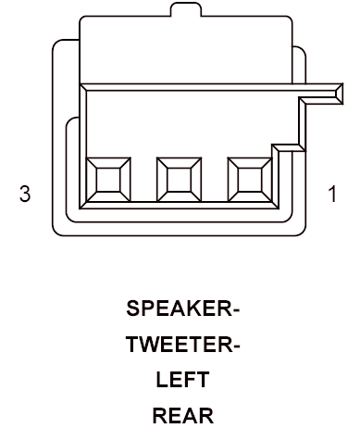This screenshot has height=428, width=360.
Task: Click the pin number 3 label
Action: (25, 194)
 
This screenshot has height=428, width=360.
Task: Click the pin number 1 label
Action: (332, 194)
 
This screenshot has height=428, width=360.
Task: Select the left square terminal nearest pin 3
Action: (108, 180)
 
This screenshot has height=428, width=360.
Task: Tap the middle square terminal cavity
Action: (179, 180)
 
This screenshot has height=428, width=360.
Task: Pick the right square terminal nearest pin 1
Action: (250, 180)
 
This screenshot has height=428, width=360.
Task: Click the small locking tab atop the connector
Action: (186, 9)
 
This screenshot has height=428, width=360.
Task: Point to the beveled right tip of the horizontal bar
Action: (339, 94)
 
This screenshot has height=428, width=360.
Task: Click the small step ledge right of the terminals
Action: (289, 147)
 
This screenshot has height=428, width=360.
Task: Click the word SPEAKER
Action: (180, 308)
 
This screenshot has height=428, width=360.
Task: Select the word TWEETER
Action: (180, 344)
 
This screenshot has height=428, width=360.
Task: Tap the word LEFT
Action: (182, 380)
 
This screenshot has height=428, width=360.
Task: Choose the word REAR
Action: (183, 415)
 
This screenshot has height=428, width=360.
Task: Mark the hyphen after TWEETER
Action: (237, 346)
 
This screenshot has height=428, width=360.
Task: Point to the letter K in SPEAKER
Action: (196, 308)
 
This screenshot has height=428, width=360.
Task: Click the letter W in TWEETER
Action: (151, 344)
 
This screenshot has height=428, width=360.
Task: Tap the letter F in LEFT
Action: (189, 380)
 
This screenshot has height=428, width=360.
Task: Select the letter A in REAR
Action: (189, 415)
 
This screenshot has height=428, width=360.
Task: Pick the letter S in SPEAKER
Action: (133, 308)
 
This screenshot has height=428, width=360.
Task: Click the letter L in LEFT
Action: (162, 380)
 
